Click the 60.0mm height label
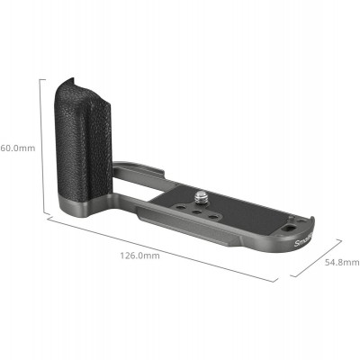tap(17, 148)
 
